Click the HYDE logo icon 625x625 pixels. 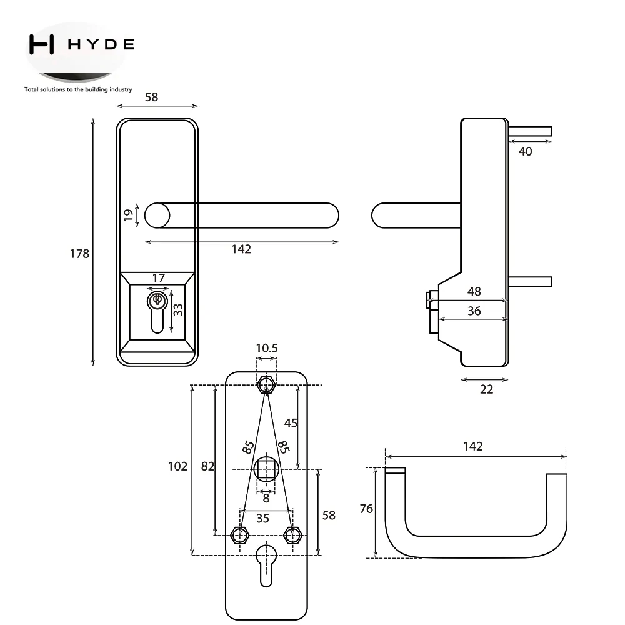point(41,44)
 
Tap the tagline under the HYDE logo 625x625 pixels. point(78,89)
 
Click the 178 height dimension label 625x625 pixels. point(80,254)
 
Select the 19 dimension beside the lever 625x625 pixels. point(128,215)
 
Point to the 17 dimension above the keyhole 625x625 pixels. point(158,278)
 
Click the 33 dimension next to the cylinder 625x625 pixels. point(178,310)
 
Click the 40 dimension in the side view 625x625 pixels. point(526,151)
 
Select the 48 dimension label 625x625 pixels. point(474,291)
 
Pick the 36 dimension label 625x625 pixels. point(474,311)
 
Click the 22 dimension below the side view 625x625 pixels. point(486,389)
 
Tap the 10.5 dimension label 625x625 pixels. point(267,348)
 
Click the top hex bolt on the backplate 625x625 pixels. point(266,385)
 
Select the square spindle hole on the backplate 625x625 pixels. point(266,469)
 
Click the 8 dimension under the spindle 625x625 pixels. point(266,498)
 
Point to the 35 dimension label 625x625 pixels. point(262,519)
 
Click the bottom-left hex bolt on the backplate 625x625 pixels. point(240,536)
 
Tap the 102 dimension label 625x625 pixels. point(177,466)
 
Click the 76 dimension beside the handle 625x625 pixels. point(366,509)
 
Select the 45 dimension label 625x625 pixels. point(291,423)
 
